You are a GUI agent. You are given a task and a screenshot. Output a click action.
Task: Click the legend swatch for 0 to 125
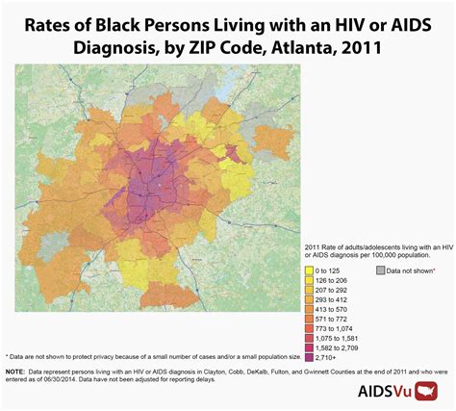[x=309, y=272]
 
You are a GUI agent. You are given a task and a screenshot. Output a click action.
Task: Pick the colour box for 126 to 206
[x=309, y=282]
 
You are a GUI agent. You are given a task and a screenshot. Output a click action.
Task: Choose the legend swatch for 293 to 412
[x=309, y=300]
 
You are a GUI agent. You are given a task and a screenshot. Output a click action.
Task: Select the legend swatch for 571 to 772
[x=309, y=319]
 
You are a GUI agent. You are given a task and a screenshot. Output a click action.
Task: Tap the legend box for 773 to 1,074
[x=309, y=328]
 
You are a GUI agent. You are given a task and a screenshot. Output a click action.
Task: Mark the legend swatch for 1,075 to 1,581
[x=309, y=338]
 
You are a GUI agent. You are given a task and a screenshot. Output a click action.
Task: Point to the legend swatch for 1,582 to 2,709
[x=309, y=347]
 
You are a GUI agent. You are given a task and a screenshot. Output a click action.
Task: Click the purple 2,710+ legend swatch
[x=309, y=357]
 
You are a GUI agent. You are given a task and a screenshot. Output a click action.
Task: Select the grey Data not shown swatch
[x=380, y=272]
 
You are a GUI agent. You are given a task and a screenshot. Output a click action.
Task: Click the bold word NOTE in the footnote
[x=15, y=371]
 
